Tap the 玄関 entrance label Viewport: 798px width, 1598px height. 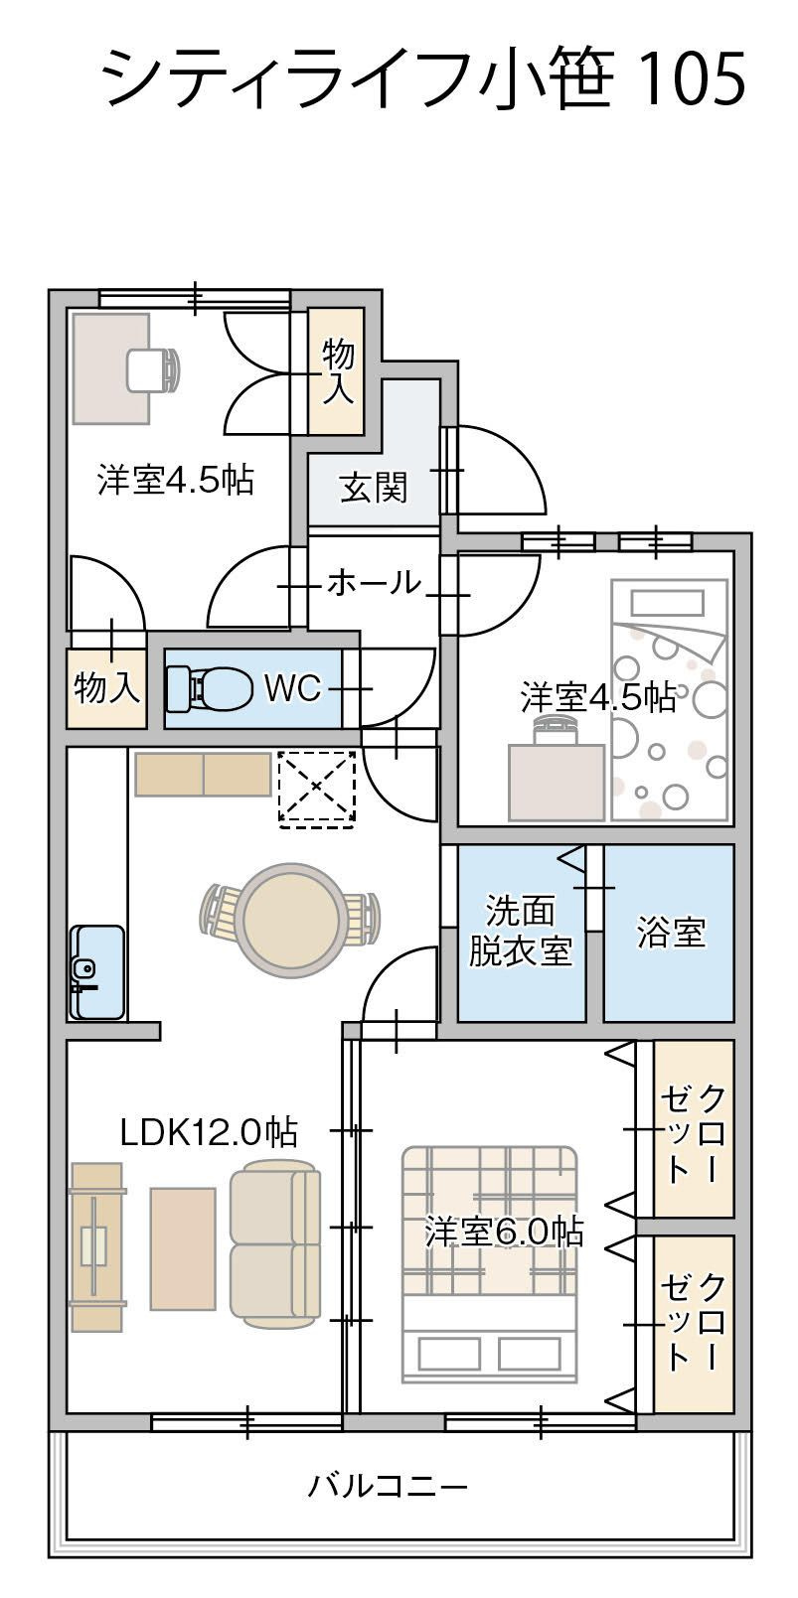(x=374, y=488)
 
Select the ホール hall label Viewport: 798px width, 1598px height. (x=374, y=582)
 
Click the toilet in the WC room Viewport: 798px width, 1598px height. (x=210, y=687)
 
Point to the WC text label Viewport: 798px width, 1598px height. (x=292, y=688)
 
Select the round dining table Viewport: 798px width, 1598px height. (x=291, y=918)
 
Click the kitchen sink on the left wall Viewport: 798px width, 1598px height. (x=96, y=972)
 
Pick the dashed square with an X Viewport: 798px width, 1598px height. (x=317, y=789)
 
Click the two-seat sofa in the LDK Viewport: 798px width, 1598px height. (x=275, y=1245)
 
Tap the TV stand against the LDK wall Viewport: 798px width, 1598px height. (x=96, y=1246)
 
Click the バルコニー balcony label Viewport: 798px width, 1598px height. (x=388, y=1487)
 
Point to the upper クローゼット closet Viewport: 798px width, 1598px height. (x=694, y=1129)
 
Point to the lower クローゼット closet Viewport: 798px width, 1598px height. (x=694, y=1323)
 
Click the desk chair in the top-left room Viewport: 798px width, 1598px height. (x=154, y=370)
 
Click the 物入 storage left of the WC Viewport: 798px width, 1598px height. (x=106, y=687)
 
